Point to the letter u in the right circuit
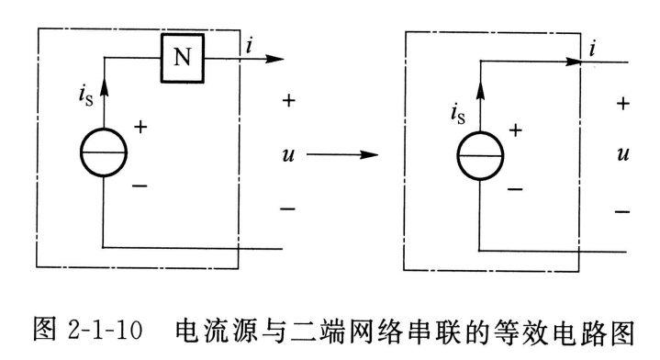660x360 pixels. tap(624, 154)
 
